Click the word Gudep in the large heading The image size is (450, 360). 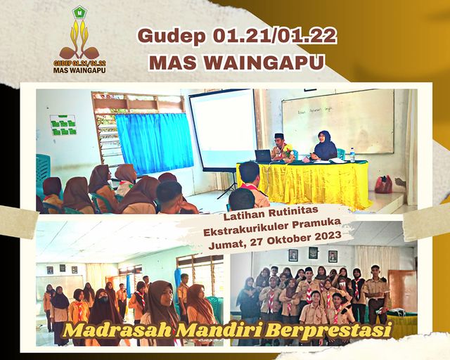[171, 37]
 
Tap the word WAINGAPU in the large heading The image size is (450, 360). [264, 63]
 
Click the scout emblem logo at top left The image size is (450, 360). [79, 40]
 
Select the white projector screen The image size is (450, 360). [223, 129]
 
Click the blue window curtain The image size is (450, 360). [155, 143]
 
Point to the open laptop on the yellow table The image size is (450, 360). [262, 156]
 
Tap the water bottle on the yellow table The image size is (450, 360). [352, 155]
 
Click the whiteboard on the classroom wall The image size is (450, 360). [338, 122]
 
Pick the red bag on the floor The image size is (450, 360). [383, 184]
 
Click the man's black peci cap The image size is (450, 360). [278, 136]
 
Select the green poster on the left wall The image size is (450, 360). [63, 125]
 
